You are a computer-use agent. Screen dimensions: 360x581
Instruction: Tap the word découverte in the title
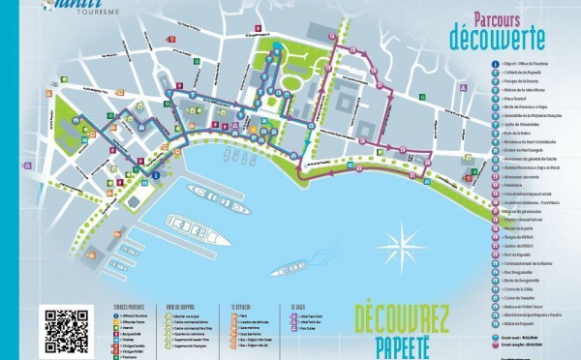point(496,37)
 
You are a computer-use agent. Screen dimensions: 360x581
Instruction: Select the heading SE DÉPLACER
point(238,306)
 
